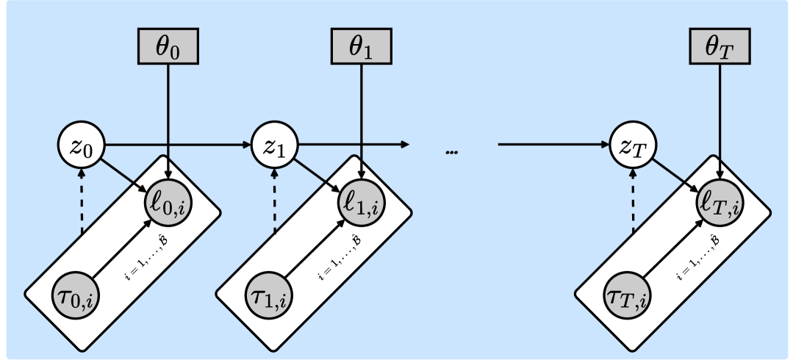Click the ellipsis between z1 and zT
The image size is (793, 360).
[x=452, y=152]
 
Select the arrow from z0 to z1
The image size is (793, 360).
[x=176, y=144]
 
